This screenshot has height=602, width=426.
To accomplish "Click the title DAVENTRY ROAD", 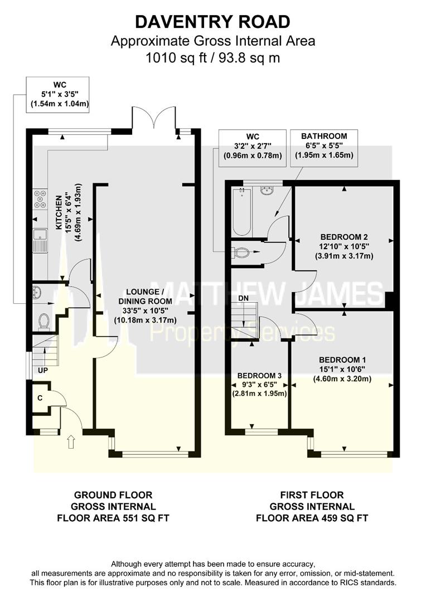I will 213,22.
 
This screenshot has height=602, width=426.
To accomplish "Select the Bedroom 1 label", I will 341,360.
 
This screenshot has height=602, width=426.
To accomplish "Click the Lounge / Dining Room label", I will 144,292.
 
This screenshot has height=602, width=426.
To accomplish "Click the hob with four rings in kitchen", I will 41,198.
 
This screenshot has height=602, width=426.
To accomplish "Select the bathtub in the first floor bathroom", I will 242,212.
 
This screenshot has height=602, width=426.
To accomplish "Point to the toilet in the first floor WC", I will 241,253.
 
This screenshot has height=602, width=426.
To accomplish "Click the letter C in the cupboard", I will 40,398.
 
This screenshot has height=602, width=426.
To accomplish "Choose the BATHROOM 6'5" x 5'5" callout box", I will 324,145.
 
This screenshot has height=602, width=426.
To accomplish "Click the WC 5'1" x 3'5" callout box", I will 57,95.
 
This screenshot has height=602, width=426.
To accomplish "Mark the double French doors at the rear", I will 154,119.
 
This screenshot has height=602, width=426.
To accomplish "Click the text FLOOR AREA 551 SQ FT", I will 113,518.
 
